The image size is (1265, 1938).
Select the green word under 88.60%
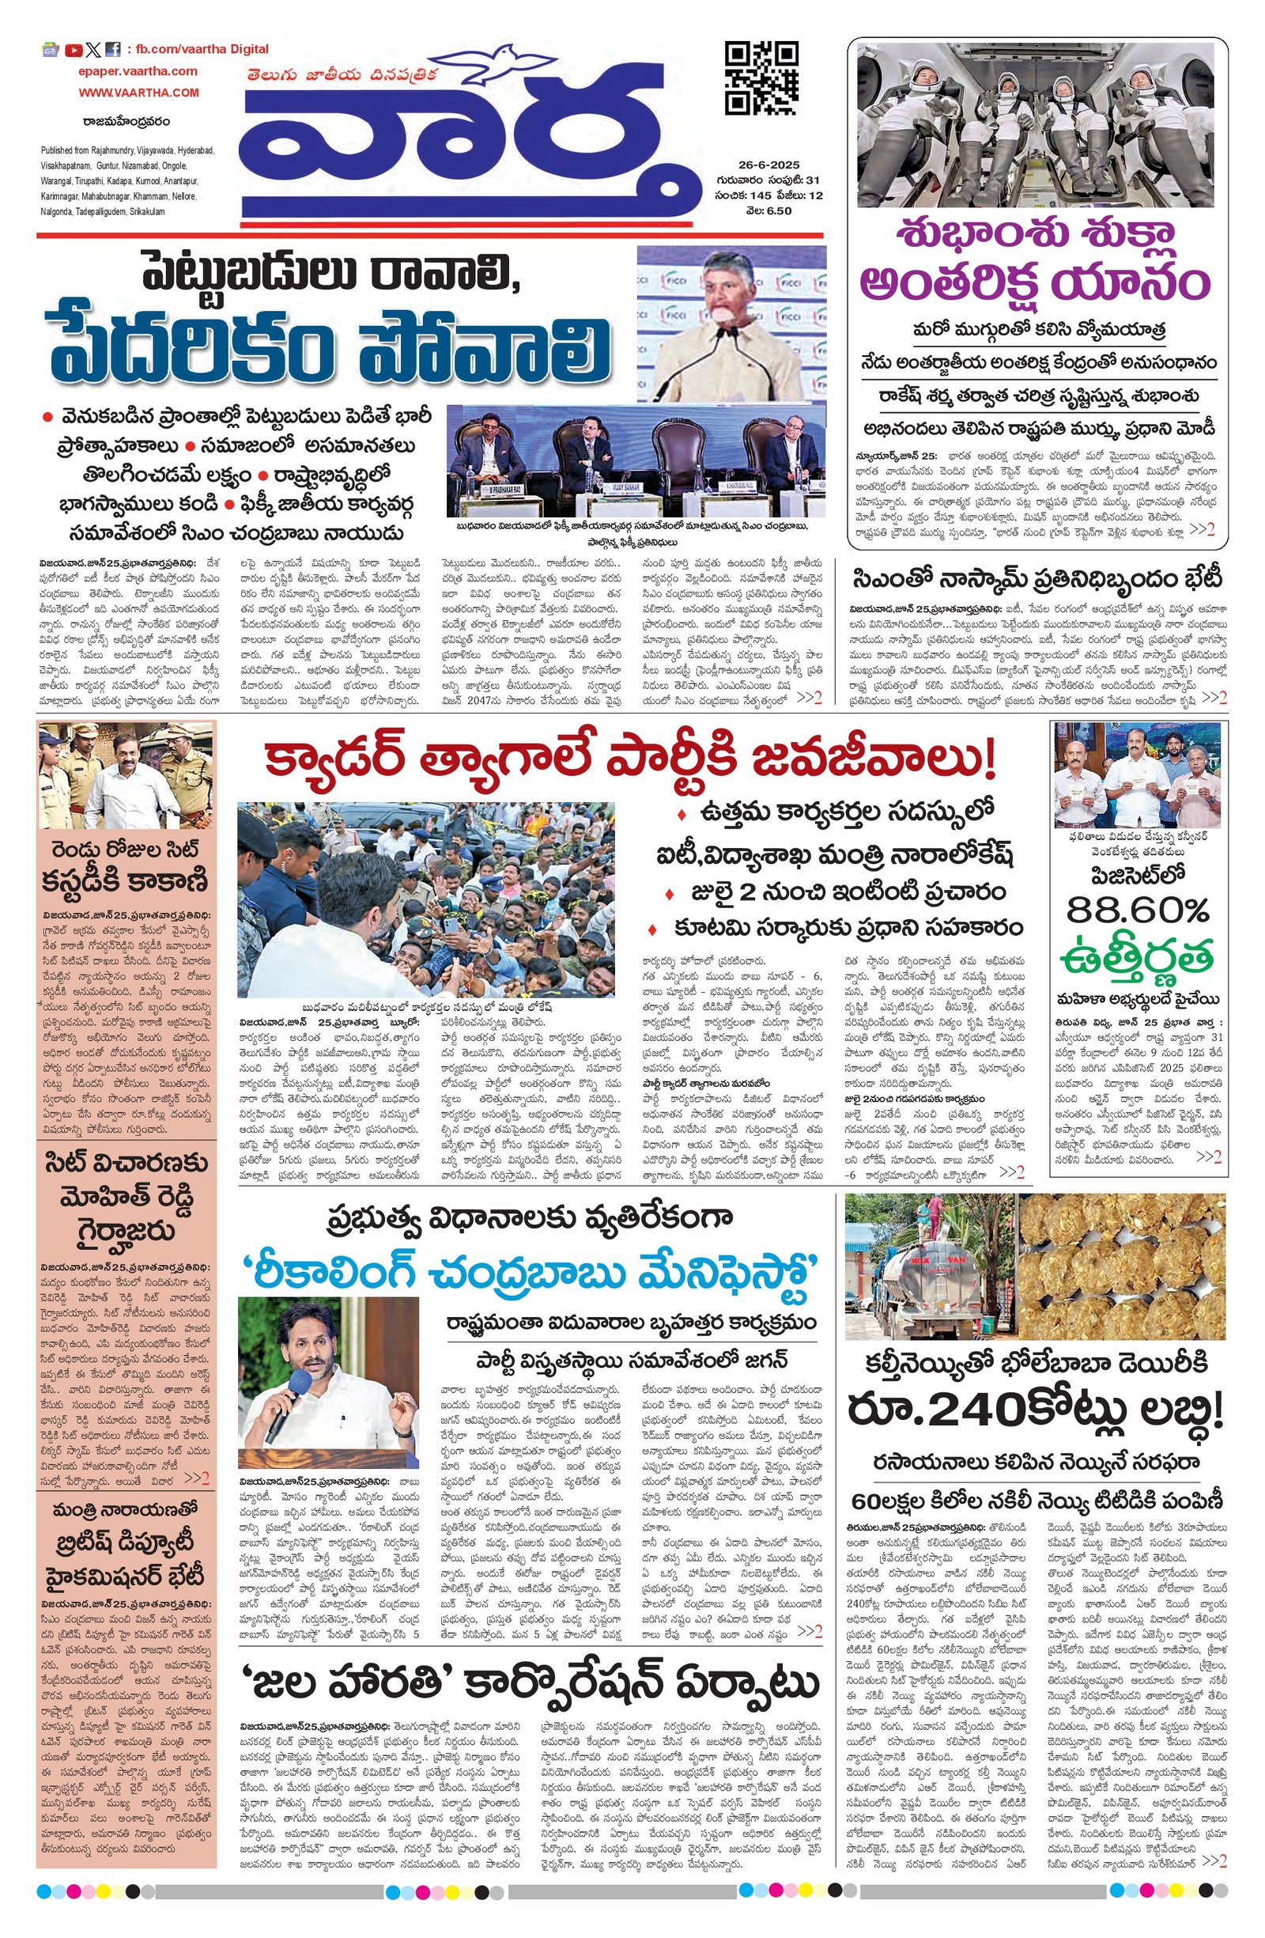(1137, 956)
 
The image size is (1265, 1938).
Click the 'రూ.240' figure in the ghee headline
(919, 1432)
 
